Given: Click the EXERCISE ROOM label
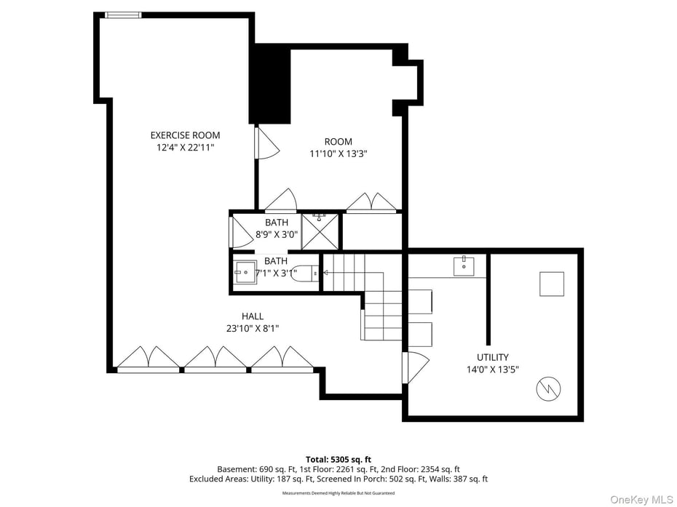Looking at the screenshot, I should [x=185, y=135].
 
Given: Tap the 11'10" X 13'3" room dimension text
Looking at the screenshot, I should [x=338, y=153].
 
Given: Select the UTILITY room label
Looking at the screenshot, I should [x=493, y=357].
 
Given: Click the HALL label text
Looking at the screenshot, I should [x=253, y=316].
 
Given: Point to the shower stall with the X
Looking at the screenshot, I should [x=320, y=231].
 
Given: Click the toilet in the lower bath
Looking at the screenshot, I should [x=302, y=274].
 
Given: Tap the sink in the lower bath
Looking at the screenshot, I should [x=245, y=272].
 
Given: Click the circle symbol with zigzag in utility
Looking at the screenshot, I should [x=549, y=389].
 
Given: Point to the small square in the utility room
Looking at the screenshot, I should [x=551, y=284].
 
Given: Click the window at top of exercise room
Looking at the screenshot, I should [x=123, y=15].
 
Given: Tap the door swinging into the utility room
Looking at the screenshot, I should [x=414, y=367].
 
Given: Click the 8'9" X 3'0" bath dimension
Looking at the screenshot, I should [x=277, y=234].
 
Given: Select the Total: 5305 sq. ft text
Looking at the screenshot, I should [x=338, y=459].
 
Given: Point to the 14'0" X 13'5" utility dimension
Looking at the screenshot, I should [x=493, y=370].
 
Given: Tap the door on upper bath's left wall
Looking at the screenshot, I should [x=239, y=232].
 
